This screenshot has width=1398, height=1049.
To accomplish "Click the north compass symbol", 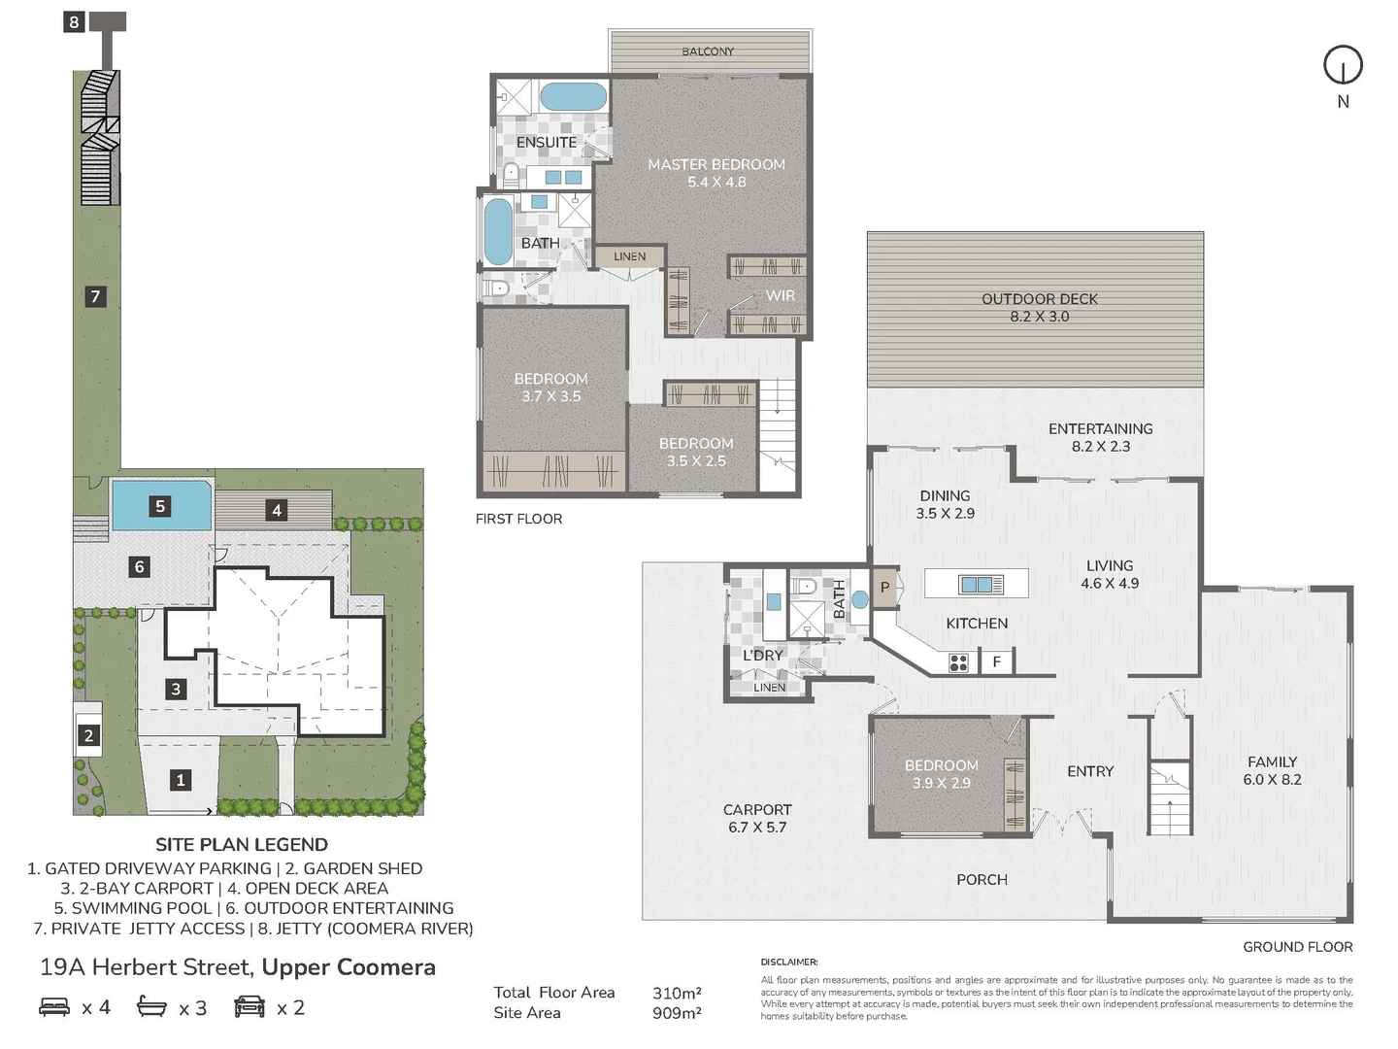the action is click(1343, 65).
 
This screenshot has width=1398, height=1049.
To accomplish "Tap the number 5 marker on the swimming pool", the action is click(160, 506).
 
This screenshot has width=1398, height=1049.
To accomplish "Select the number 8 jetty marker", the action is click(74, 22).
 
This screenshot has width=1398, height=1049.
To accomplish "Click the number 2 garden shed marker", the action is click(88, 735).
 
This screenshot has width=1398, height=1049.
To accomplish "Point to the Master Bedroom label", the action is click(716, 164).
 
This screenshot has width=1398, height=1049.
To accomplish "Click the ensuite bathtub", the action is click(573, 97).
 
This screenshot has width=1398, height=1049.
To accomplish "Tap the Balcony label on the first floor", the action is click(708, 51).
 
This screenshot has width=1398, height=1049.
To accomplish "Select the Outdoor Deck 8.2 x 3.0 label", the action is click(1040, 308).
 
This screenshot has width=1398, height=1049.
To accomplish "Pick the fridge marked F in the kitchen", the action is click(997, 662).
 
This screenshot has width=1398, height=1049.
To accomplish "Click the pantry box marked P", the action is click(884, 588).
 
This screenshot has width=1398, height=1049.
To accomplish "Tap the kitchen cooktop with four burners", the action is click(958, 663).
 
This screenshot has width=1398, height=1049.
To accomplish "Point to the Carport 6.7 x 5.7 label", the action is click(757, 819).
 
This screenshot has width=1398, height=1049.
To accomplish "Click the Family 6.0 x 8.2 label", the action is click(1272, 770).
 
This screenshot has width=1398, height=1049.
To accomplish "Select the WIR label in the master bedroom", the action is click(781, 295).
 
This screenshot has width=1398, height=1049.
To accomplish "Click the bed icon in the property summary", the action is click(54, 1006).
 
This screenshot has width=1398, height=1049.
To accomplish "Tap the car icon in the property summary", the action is click(250, 1006).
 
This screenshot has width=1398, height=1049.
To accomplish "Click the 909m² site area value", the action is click(677, 1013).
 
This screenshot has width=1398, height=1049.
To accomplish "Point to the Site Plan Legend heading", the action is click(242, 845).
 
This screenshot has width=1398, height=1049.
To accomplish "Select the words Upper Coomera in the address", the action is click(349, 967).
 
